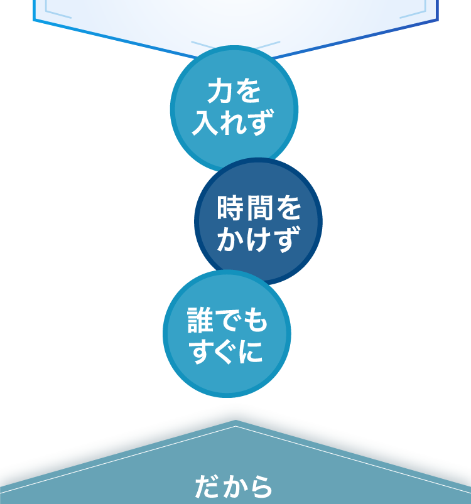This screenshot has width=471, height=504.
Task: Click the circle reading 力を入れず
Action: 234,109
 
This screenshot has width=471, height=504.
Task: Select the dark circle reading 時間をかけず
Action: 258,222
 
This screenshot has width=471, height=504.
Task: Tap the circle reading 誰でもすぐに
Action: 227,334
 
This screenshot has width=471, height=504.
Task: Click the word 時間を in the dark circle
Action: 258,208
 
